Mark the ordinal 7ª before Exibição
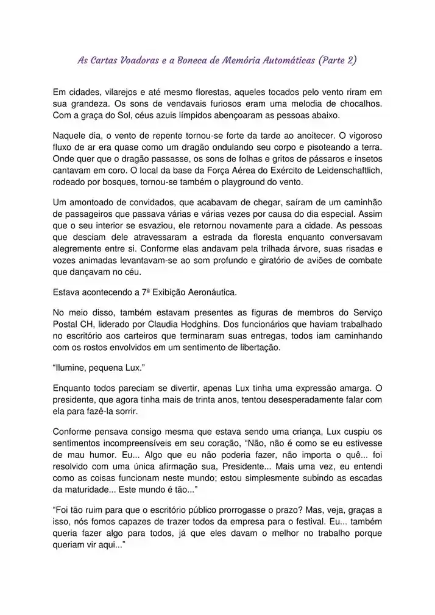146,292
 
